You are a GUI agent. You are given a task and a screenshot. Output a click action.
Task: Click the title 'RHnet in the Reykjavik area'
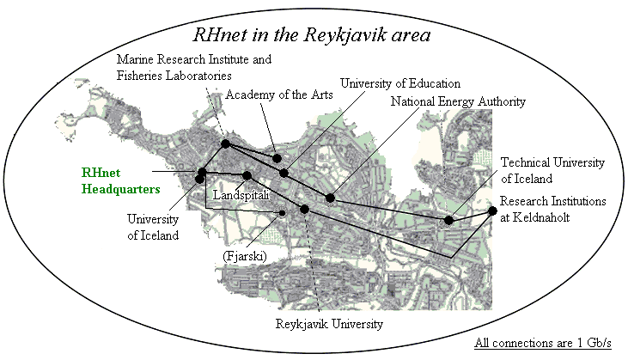tap(311, 36)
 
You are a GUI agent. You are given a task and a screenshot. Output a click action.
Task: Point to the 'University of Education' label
tap(400, 83)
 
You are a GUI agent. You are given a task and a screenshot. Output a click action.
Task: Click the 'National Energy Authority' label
tap(457, 101)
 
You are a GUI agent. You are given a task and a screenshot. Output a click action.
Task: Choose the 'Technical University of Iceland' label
tap(553, 169)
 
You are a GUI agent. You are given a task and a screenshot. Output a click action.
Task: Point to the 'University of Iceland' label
tap(153, 226)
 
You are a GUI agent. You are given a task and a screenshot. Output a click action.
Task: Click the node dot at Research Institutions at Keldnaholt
tap(492, 211)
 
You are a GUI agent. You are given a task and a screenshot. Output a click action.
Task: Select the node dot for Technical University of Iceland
tap(449, 221)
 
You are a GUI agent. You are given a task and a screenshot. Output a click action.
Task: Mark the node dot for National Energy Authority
tap(330, 198)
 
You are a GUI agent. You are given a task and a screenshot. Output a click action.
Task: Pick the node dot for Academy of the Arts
tap(277, 158)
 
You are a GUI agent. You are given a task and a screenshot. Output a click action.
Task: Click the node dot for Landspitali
tap(247, 175)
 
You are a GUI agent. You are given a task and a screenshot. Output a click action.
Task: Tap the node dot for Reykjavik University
tap(304, 209)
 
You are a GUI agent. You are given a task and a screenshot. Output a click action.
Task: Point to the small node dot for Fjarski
tap(281, 212)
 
